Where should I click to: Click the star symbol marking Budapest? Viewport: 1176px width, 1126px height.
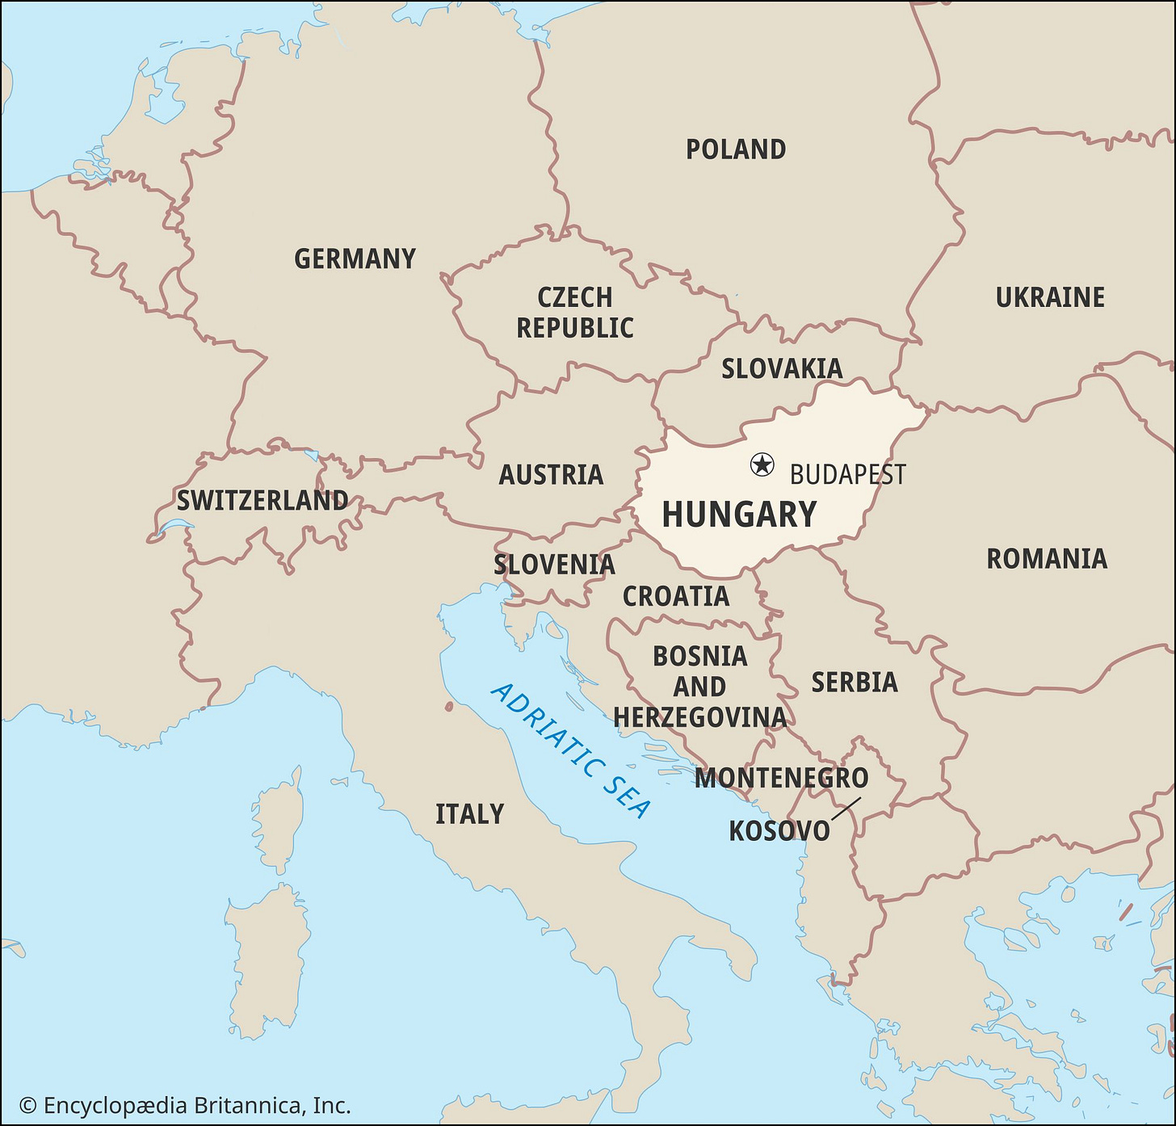click(762, 464)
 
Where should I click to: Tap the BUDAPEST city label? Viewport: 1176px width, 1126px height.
click(847, 474)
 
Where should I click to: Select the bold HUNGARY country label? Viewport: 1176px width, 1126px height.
click(739, 515)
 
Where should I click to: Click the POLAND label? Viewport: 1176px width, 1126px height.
click(736, 149)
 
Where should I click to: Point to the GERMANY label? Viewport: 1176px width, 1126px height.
click(355, 258)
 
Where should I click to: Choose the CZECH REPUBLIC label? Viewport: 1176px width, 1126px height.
click(575, 313)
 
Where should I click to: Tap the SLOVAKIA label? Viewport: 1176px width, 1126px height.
click(782, 368)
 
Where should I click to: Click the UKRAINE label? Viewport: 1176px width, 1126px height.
click(1050, 297)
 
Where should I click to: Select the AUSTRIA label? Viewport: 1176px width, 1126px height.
click(551, 474)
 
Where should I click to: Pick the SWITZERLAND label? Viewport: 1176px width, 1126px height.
click(262, 501)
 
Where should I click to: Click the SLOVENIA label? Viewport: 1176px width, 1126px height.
click(555, 564)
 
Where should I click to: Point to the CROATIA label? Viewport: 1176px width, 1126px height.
click(676, 596)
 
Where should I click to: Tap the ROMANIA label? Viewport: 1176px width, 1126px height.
click(1047, 558)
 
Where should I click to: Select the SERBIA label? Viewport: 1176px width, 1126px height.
click(855, 683)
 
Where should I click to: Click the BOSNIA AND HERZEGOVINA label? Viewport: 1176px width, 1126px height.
click(699, 687)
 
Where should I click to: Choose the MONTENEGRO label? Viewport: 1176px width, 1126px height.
click(781, 778)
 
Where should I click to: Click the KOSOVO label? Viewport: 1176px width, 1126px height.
click(779, 830)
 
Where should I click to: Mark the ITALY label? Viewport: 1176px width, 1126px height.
click(469, 813)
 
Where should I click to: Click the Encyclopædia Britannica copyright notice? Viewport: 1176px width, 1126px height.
click(185, 1106)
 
